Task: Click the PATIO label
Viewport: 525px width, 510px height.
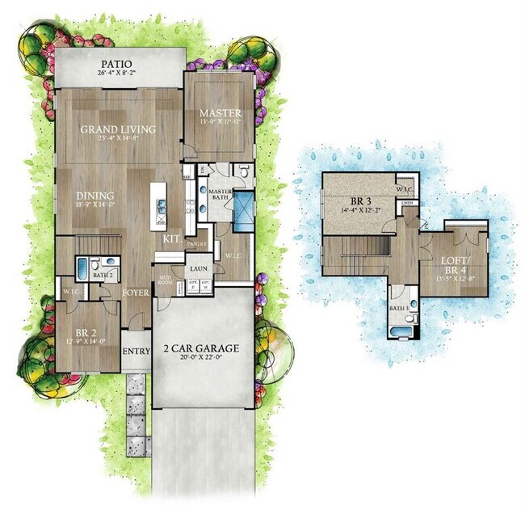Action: coord(117,64)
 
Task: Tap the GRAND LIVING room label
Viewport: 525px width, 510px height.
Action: coord(117,129)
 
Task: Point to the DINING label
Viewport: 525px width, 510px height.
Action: coord(95,196)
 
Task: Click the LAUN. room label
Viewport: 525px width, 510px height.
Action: coord(198,268)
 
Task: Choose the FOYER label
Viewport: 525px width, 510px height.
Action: coord(136,292)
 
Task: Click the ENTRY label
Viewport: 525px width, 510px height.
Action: coord(136,351)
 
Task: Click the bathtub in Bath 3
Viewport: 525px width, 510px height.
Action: coord(400,330)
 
